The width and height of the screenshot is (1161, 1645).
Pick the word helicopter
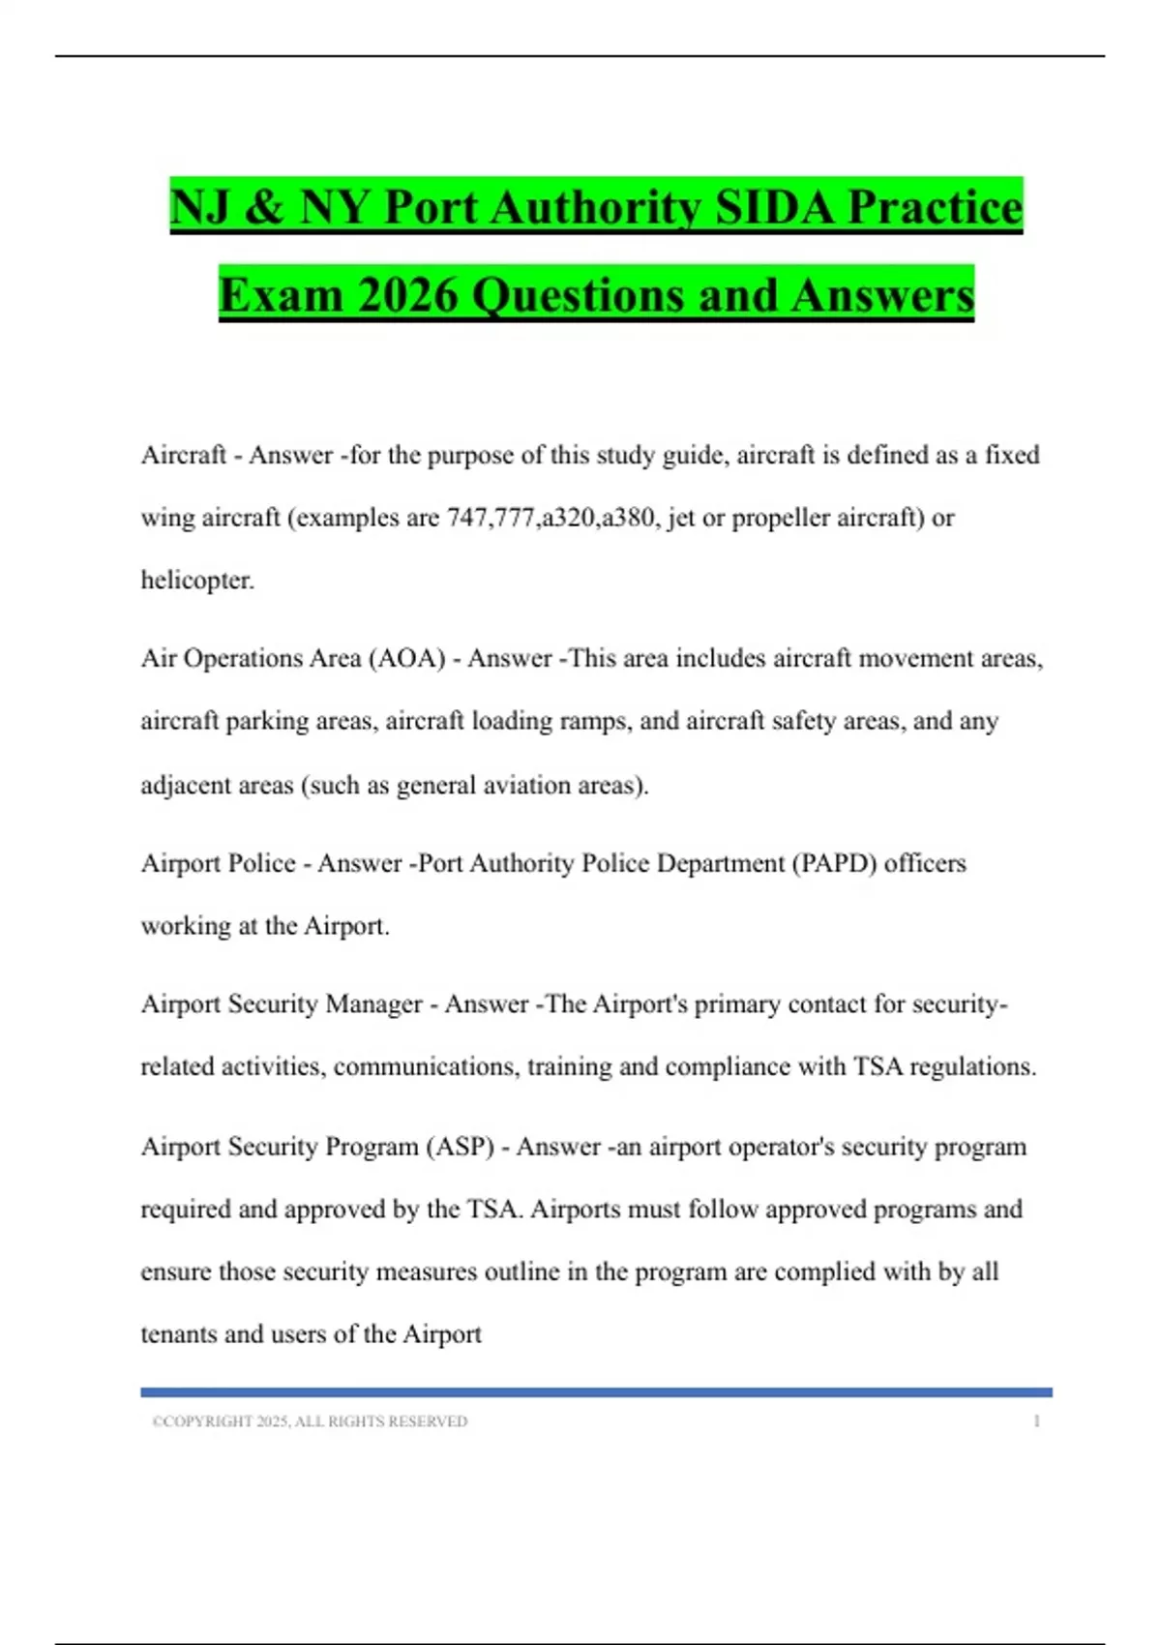coord(196,581)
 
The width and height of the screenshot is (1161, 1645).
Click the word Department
coord(721,863)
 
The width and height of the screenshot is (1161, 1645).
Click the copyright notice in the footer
coord(310,1421)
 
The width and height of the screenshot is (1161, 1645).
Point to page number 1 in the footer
coord(1037,1421)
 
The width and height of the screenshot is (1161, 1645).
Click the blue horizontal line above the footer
coord(596,1392)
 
